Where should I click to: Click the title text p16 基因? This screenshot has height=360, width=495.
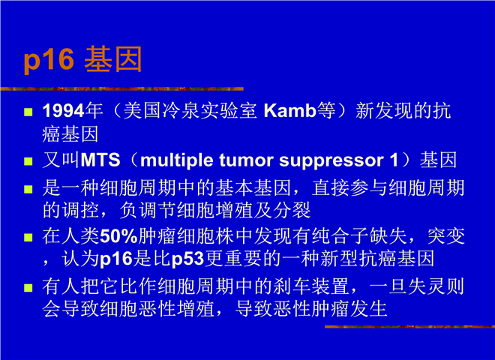tap(82, 59)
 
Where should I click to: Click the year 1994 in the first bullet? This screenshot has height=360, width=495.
tap(64, 111)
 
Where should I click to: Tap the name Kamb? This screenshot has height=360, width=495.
tap(290, 110)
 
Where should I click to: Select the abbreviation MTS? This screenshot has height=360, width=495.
tap(100, 160)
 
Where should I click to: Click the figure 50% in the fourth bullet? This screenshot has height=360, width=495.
tap(118, 236)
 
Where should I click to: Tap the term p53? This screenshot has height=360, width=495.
tap(187, 259)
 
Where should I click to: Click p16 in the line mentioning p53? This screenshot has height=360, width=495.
tap(116, 259)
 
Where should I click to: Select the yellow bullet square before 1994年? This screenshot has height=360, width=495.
tap(28, 112)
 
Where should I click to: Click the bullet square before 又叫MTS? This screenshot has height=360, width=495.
tap(28, 161)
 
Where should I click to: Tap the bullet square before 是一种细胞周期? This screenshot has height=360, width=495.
tap(28, 189)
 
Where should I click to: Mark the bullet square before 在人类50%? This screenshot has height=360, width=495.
tap(28, 238)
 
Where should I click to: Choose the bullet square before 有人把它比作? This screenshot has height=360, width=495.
tap(28, 288)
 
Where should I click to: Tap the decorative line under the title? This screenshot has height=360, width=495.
tap(121, 88)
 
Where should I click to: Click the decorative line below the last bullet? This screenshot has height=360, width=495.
tap(409, 326)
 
